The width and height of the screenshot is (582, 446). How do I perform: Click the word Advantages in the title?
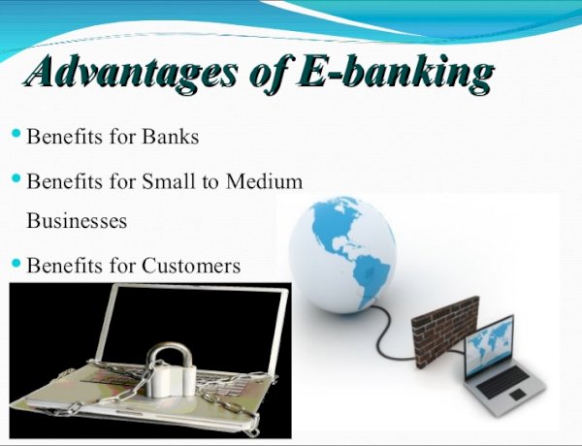[130, 72]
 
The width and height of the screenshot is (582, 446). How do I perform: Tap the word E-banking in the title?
[396, 72]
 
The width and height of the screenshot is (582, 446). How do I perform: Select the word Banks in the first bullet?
[171, 136]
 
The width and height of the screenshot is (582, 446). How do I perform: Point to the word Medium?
[264, 181]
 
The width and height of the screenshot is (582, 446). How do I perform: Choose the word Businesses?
[77, 220]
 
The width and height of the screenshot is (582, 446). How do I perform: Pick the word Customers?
[191, 266]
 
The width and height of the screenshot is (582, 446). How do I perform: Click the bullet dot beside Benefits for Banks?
[16, 133]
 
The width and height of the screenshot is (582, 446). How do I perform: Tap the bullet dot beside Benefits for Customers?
[16, 263]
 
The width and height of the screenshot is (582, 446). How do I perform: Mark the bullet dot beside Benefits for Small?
[16, 178]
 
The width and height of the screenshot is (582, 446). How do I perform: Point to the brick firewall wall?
[445, 331]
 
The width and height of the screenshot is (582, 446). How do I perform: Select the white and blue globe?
[342, 255]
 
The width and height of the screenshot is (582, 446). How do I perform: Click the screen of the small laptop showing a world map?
[489, 345]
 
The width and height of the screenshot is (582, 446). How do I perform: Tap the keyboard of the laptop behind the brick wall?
[502, 381]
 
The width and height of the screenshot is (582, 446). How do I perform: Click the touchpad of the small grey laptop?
[516, 396]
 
